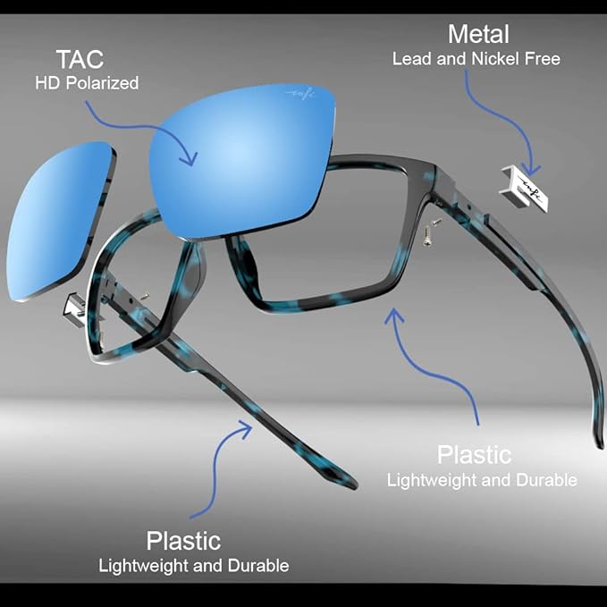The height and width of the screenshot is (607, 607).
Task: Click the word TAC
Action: (80, 59)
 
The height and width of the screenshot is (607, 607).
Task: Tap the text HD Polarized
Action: (87, 83)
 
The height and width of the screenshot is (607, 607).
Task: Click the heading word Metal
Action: (478, 34)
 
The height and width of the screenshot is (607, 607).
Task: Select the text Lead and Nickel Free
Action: (476, 59)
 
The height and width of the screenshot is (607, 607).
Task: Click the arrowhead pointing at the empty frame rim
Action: (393, 316)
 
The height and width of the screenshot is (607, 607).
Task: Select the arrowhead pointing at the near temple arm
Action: (244, 429)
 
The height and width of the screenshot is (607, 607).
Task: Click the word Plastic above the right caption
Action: (474, 454)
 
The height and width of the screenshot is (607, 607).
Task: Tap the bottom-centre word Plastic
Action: (183, 541)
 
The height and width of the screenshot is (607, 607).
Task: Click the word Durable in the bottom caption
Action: (258, 566)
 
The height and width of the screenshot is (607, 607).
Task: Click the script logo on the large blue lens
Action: (300, 94)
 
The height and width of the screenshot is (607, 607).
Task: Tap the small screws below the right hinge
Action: (431, 232)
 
